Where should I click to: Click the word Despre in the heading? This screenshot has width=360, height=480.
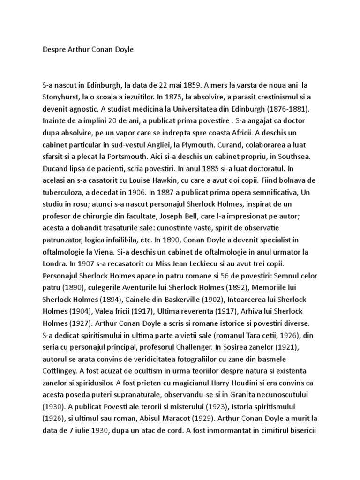53,49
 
